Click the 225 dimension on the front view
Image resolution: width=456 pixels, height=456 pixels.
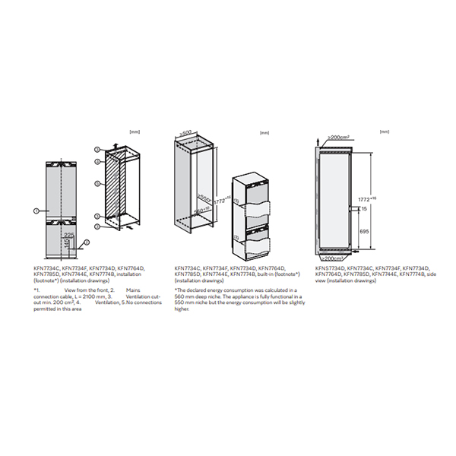click(70, 236)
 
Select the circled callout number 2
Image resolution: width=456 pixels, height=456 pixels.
click(87, 242)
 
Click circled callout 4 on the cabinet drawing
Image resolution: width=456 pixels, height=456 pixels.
click(97, 162)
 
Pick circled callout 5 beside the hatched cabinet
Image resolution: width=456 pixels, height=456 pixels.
click(97, 183)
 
